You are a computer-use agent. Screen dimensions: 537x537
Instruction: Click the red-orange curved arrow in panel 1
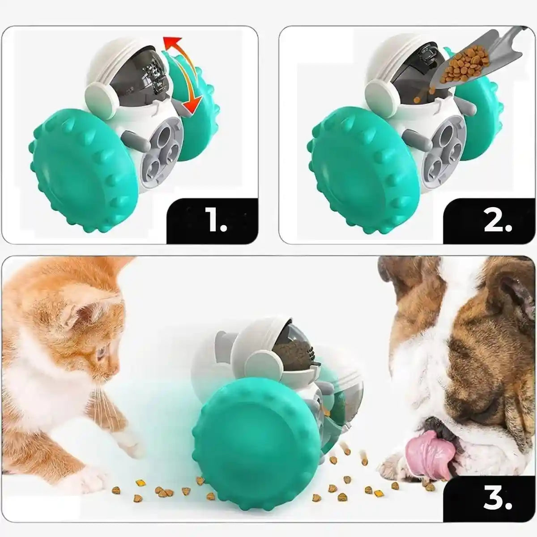point(183,67)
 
